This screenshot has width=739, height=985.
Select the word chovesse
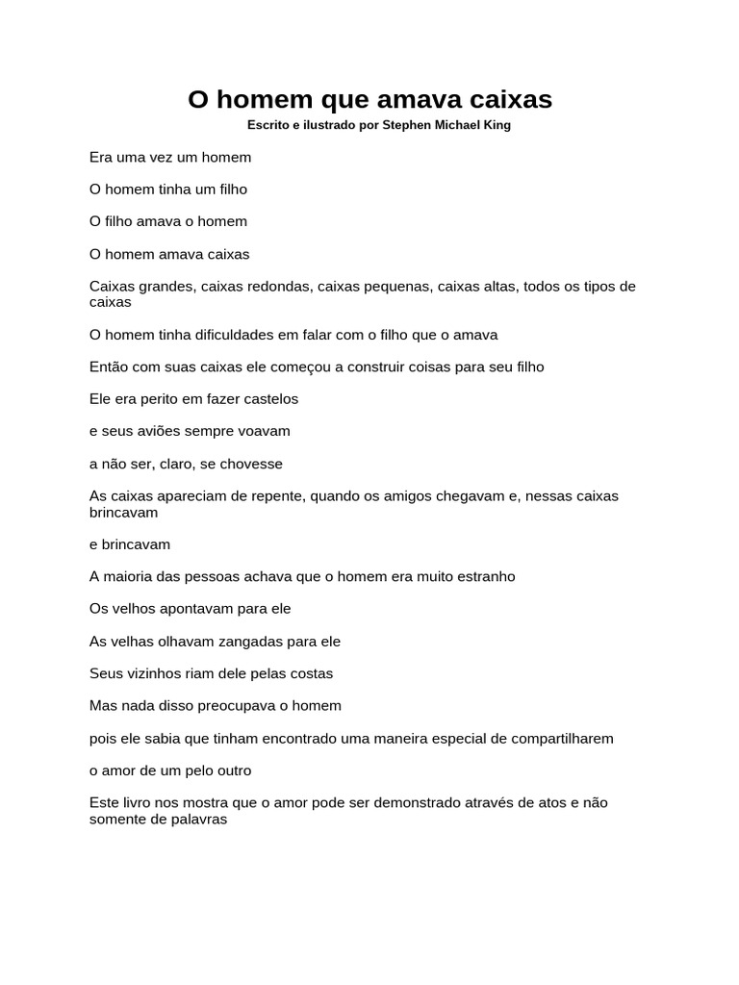[x=253, y=464]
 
